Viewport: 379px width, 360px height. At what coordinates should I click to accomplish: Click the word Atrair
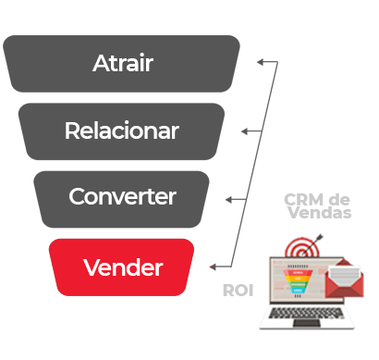[x=123, y=63]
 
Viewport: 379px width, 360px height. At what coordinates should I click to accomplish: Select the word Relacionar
[x=122, y=130]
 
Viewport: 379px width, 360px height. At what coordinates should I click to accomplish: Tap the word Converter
[x=122, y=196]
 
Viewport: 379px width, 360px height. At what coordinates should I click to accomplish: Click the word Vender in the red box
[x=123, y=267]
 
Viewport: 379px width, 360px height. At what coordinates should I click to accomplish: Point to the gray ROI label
[x=238, y=291]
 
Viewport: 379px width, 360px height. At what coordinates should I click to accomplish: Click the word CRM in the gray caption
[x=303, y=200]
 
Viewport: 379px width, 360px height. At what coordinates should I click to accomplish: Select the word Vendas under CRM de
[x=320, y=213]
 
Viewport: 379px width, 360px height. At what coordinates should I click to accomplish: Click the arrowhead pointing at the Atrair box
[x=261, y=62]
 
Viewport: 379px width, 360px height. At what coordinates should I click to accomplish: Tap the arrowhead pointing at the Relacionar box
[x=245, y=131]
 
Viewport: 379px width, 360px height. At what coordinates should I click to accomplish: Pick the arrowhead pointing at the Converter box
[x=229, y=200]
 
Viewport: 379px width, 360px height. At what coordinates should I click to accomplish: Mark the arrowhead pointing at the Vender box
[x=213, y=267]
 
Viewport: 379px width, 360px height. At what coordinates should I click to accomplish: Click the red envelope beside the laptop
[x=344, y=279]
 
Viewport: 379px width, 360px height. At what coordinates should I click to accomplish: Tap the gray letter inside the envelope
[x=344, y=276]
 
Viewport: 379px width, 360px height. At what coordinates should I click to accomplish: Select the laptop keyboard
[x=306, y=313]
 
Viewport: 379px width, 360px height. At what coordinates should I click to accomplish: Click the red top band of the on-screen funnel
[x=298, y=273]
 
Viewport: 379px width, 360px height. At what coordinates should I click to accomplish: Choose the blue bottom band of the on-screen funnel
[x=298, y=291]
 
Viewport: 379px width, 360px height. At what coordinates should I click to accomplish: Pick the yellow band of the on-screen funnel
[x=298, y=279]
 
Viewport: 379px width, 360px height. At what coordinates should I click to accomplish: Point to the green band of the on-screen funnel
[x=298, y=285]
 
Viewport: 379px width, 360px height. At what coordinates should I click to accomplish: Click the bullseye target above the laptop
[x=302, y=248]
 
